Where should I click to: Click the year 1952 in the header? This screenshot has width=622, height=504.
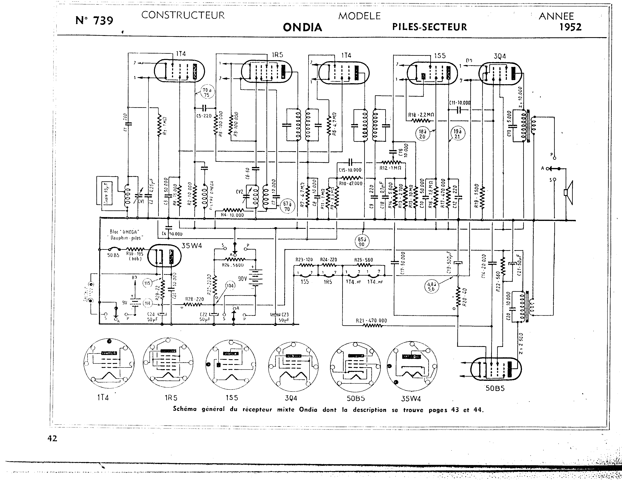(x=570, y=27)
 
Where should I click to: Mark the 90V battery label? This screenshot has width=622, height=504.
(x=242, y=279)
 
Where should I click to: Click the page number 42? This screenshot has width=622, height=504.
(x=52, y=438)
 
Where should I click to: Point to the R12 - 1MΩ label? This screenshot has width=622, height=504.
(x=390, y=168)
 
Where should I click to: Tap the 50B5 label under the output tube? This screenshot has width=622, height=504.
(x=495, y=388)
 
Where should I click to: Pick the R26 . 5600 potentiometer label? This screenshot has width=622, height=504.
(x=233, y=265)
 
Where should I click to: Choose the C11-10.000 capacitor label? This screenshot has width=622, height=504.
(x=460, y=103)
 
